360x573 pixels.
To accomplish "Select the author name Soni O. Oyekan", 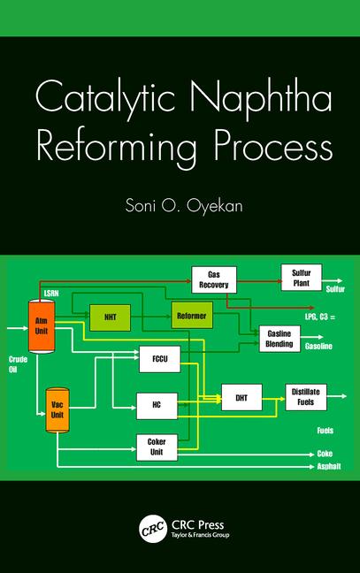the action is click(x=184, y=205).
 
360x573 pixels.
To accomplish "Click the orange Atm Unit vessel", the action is click(x=42, y=326).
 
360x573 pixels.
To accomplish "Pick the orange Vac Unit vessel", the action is click(x=57, y=410).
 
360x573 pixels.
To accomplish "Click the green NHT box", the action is click(x=110, y=317).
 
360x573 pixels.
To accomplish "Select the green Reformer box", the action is click(x=192, y=316).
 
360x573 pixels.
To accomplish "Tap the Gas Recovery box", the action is click(x=214, y=280).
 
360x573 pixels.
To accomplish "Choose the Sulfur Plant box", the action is click(x=301, y=278).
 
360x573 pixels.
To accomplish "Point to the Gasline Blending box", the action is click(x=280, y=339).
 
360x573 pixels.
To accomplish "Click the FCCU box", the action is click(x=160, y=359).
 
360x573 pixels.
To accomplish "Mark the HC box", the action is click(x=157, y=406).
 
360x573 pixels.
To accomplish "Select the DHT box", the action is click(x=241, y=398).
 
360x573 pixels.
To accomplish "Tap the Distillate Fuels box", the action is click(x=306, y=397).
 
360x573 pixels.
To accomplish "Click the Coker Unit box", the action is click(x=157, y=447).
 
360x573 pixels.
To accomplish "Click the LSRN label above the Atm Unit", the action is click(x=51, y=294).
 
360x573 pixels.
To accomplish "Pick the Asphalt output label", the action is click(x=329, y=466).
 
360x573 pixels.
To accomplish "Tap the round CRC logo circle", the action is click(x=153, y=529).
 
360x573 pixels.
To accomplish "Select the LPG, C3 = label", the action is click(x=320, y=317).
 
